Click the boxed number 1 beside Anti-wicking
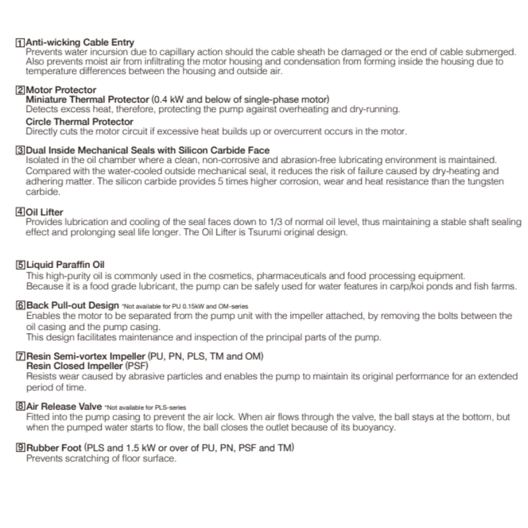20,43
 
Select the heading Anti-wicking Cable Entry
79,43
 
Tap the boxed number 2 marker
20,90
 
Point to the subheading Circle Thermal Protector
79,122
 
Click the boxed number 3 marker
20,151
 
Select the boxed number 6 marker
20,306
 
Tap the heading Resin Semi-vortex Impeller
86,356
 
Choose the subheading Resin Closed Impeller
75,365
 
